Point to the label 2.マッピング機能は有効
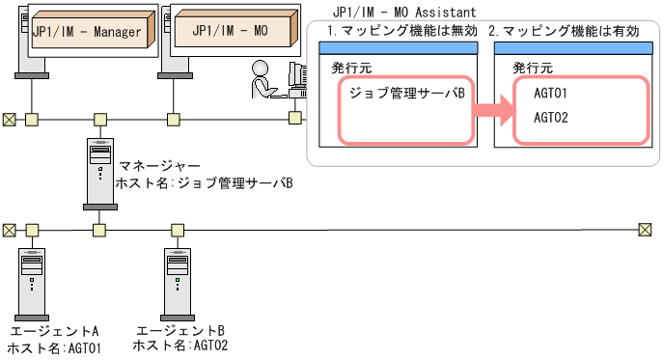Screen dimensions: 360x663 coord(564,31)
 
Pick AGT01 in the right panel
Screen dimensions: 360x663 coord(550,94)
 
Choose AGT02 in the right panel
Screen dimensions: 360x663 coord(550,118)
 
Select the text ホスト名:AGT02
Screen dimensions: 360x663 coord(180,346)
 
